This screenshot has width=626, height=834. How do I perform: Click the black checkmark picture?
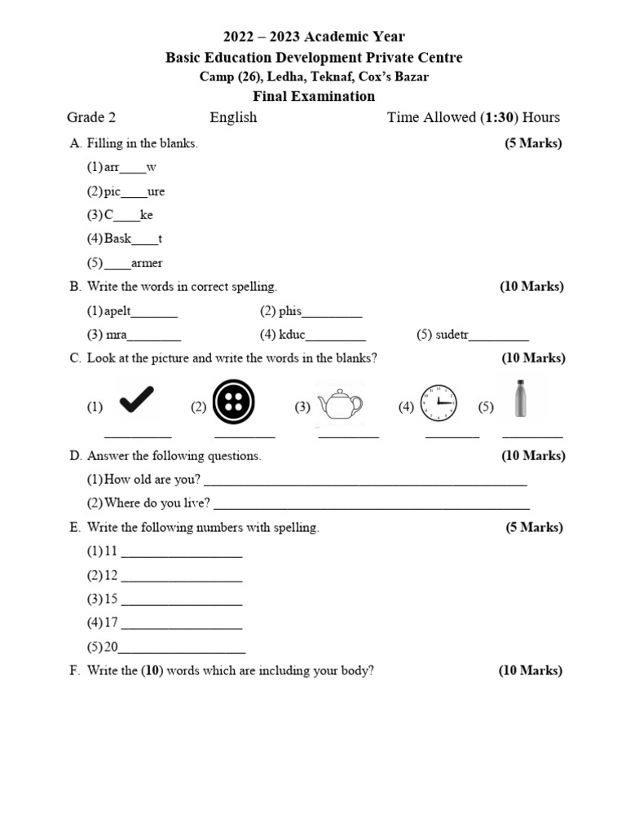pos(136,401)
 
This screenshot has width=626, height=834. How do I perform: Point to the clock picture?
pos(439,402)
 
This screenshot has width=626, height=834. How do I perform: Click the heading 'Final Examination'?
pos(314,96)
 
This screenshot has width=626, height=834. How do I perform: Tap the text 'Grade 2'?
pos(91,117)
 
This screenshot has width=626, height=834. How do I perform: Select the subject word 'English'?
pos(233,117)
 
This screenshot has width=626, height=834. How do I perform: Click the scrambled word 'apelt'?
pos(117,310)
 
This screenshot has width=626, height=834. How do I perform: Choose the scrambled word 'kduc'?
pos(293,334)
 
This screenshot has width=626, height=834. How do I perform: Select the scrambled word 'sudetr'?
pos(452,334)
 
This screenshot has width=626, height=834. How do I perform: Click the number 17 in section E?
pos(112,623)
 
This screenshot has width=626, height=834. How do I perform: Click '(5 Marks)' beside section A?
pos(533,143)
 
